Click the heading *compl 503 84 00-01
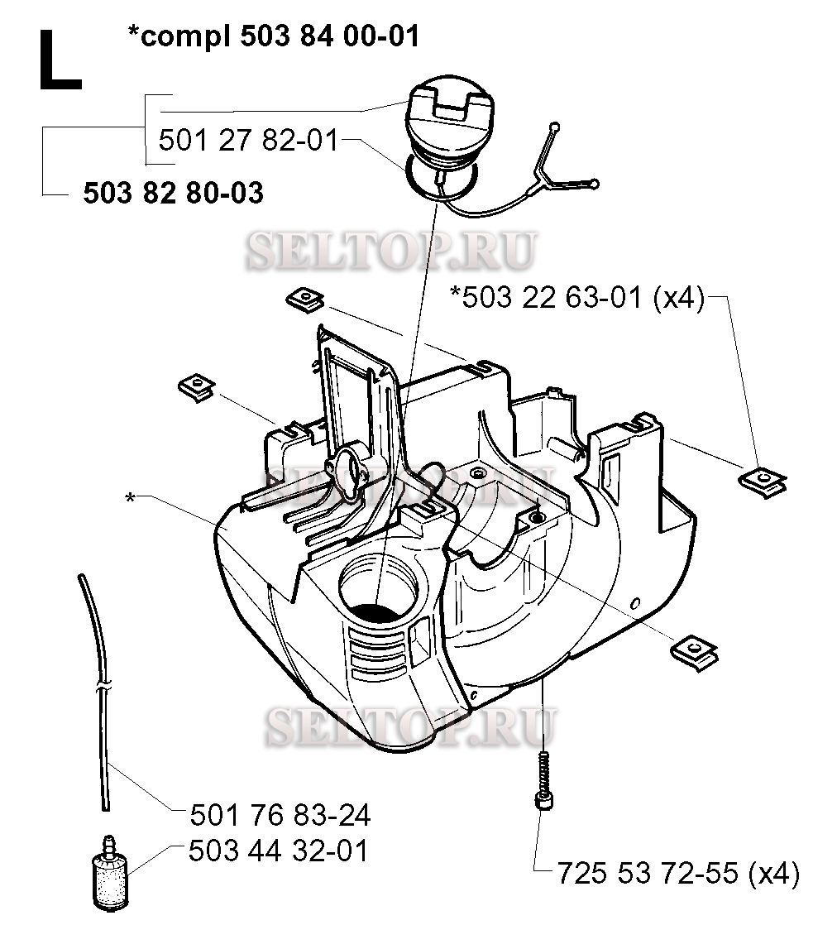[273, 36]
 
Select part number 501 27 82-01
[248, 141]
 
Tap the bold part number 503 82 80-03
[173, 194]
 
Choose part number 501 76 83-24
[280, 815]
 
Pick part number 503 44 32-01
[278, 851]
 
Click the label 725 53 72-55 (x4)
[677, 874]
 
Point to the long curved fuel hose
[98, 687]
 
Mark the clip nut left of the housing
[197, 386]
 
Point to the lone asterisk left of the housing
[130, 497]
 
